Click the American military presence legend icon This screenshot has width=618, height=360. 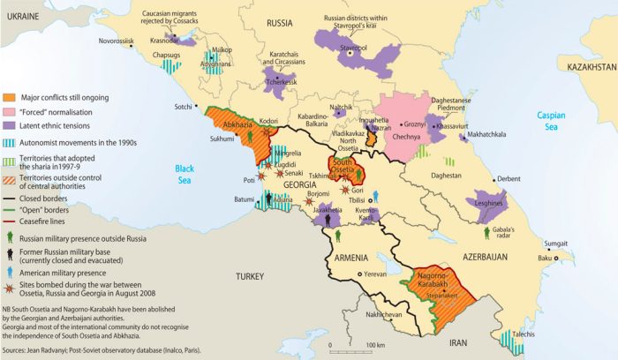click(x=9, y=272)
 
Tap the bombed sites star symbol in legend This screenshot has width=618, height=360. click(x=9, y=291)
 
